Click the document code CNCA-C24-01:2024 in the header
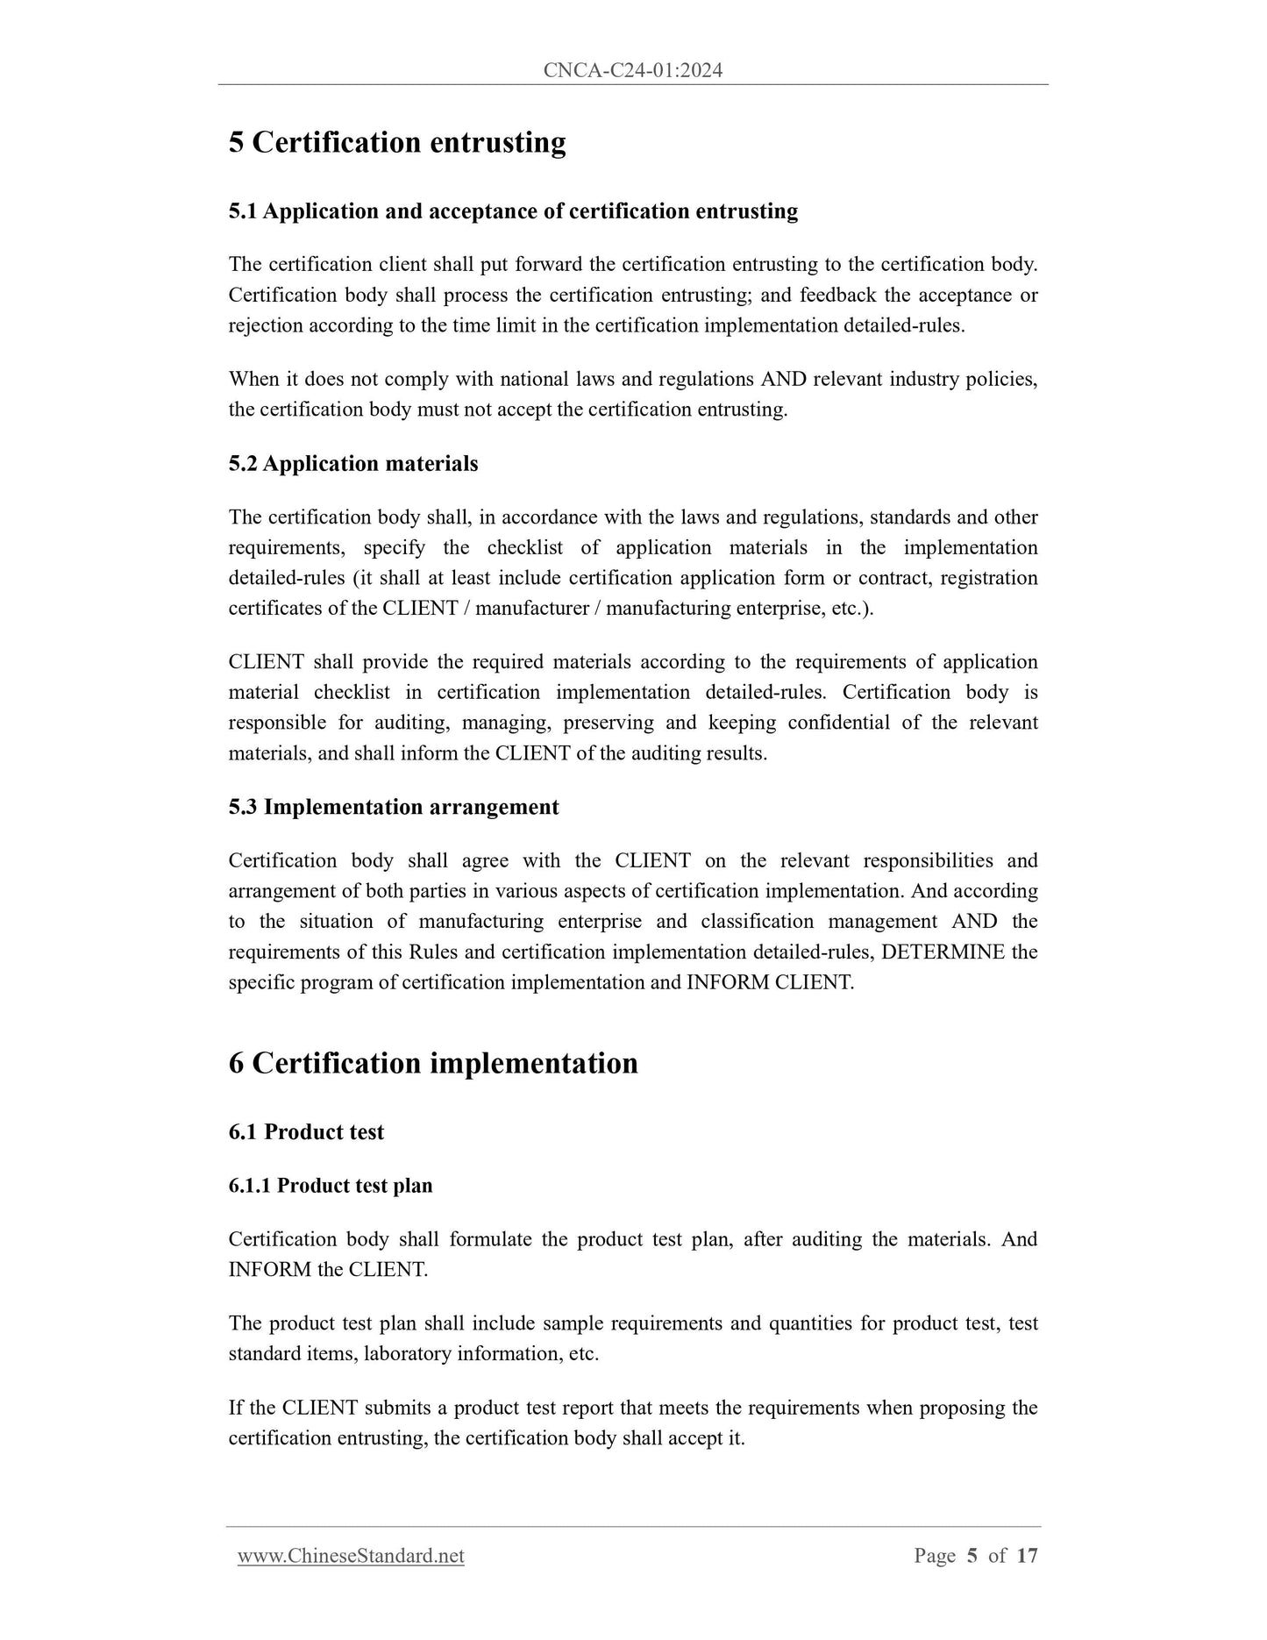click(x=632, y=71)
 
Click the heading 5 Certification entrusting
click(x=396, y=142)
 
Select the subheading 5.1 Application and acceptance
click(x=513, y=211)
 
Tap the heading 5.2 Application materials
click(x=353, y=464)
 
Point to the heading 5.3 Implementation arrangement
click(x=394, y=807)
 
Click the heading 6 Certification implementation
click(x=433, y=1063)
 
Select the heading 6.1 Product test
click(x=306, y=1132)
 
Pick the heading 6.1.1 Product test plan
click(x=331, y=1186)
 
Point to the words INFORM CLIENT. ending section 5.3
click(x=770, y=982)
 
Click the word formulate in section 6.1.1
click(x=490, y=1239)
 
